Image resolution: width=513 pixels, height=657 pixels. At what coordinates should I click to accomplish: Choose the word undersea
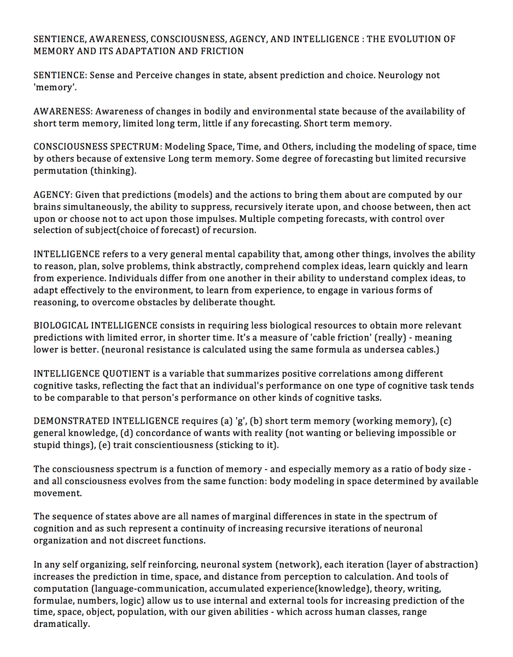coord(383,350)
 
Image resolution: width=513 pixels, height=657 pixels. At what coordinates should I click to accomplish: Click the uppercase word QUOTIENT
coord(126,374)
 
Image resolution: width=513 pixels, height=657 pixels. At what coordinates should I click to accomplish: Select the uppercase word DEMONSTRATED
coord(72,421)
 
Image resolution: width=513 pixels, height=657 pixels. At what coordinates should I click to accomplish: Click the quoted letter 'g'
coord(241,421)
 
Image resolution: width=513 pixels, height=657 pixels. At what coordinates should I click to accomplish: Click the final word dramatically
coord(61,625)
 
